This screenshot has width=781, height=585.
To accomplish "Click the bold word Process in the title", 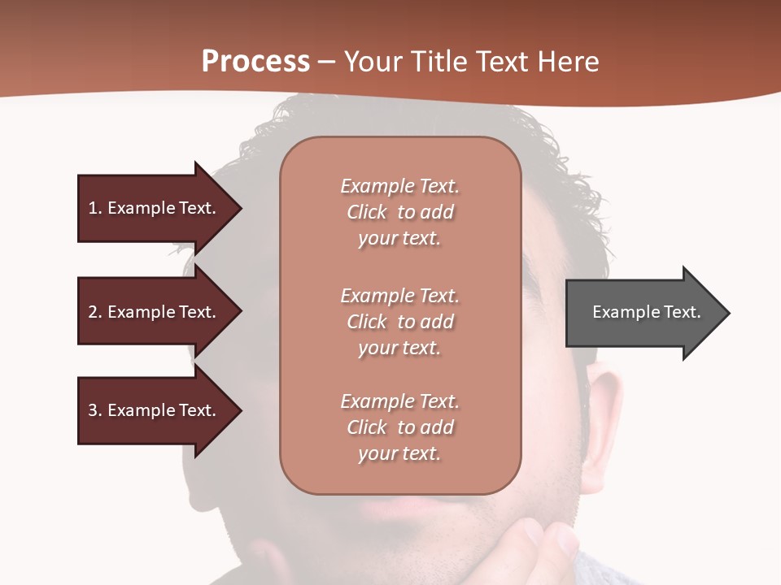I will click(255, 61).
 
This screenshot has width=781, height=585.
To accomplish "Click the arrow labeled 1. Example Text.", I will click(155, 208).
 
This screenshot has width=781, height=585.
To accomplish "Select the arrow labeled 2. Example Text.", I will click(155, 312).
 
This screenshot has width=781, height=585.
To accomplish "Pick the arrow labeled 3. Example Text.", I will click(155, 410).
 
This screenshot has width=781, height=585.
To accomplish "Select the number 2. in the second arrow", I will click(94, 312).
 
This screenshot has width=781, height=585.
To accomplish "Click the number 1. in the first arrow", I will click(94, 208).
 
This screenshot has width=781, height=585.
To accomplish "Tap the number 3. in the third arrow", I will click(94, 410).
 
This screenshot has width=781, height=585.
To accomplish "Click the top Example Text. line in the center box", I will click(399, 186).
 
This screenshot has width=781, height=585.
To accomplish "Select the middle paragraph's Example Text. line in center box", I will click(399, 296).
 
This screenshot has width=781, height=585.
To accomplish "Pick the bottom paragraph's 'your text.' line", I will click(399, 453).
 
